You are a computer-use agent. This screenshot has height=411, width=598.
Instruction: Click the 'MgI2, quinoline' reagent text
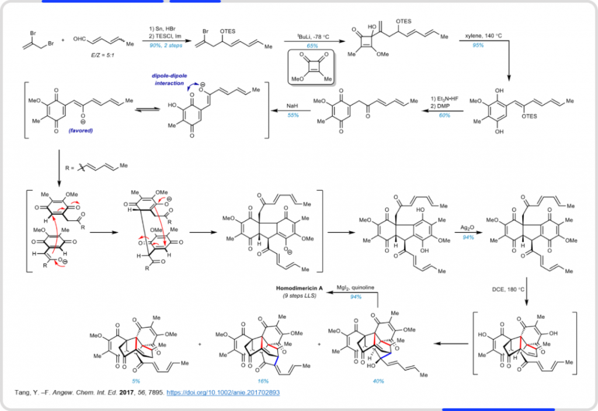(x=356, y=288)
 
